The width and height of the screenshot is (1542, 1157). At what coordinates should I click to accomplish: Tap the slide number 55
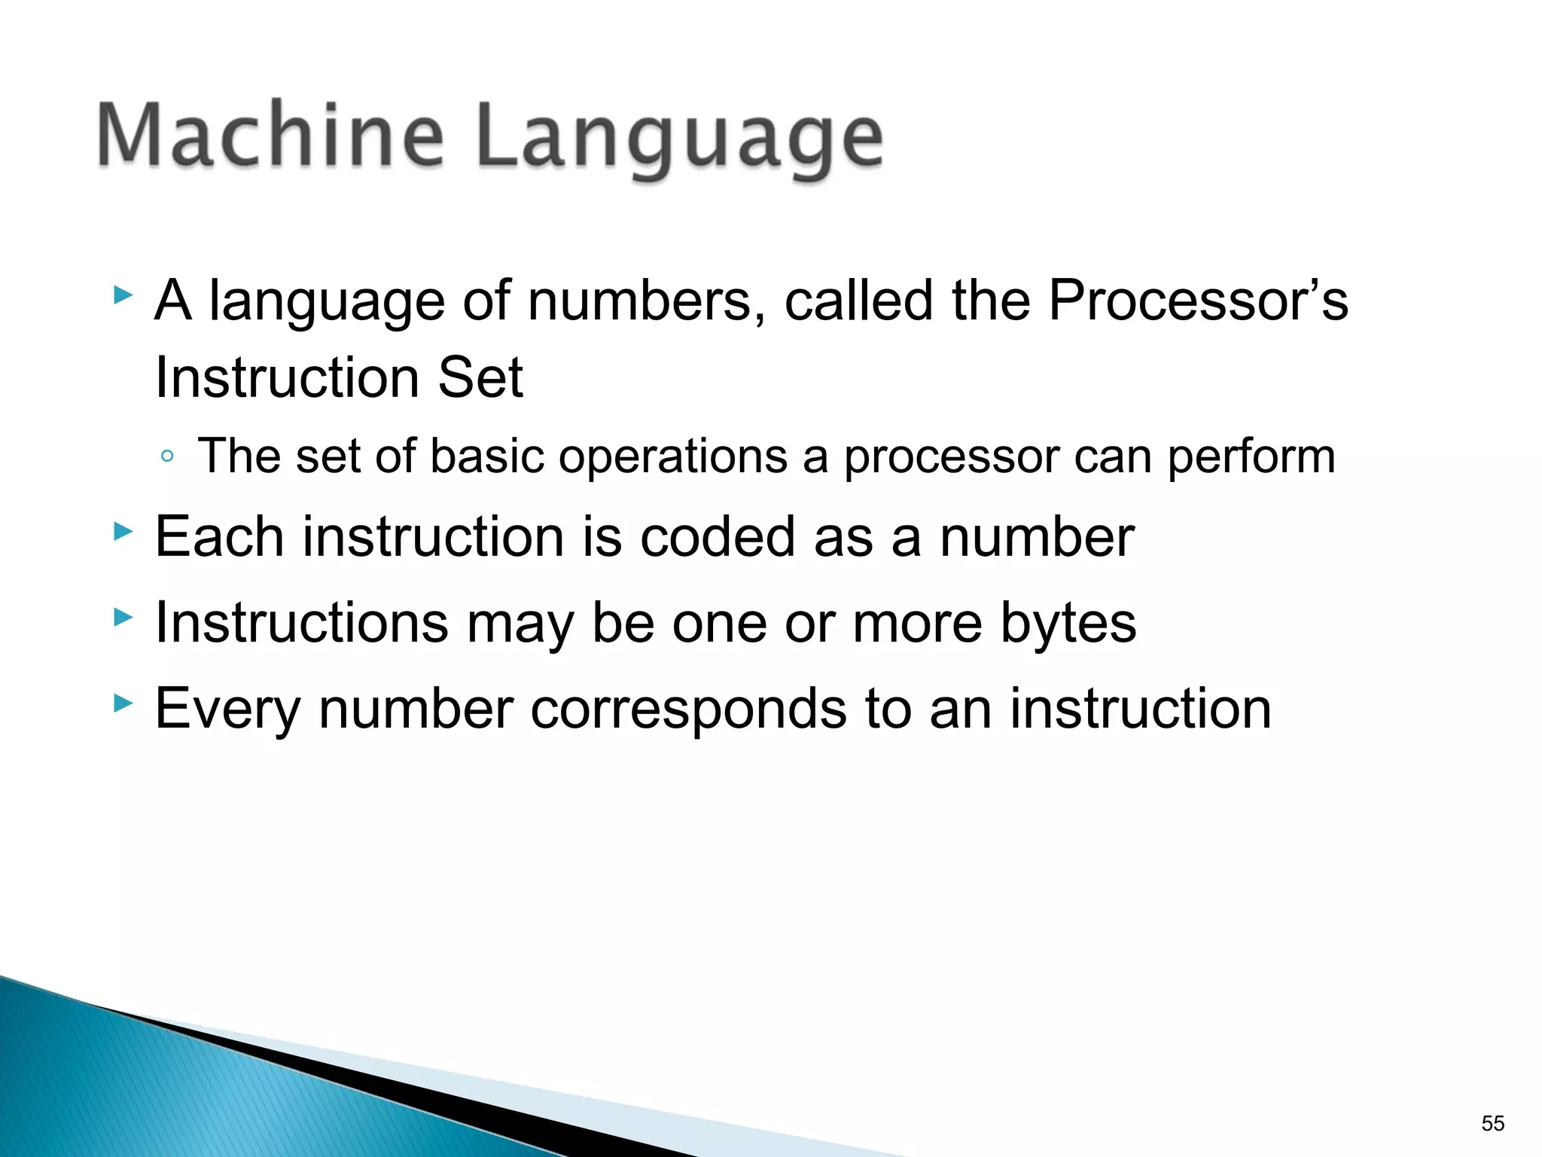1492,1123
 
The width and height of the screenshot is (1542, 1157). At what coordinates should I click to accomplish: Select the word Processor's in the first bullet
1198,301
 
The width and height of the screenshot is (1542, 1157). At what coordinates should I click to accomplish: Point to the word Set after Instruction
480,377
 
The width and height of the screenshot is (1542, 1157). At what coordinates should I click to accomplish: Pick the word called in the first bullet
860,301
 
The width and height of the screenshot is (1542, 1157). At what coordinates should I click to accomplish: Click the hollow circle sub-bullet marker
167,456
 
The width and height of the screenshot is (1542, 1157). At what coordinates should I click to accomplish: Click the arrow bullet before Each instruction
122,533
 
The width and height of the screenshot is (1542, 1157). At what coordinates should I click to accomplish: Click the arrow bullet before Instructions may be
122,618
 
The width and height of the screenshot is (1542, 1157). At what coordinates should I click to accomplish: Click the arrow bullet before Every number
122,704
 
